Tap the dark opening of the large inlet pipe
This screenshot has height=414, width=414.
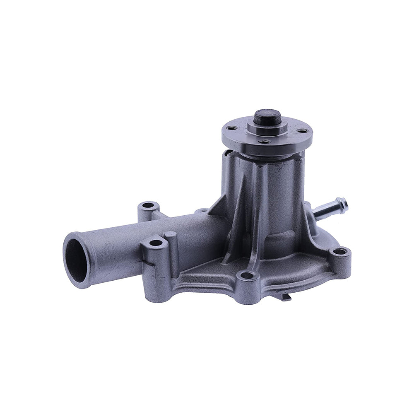77,260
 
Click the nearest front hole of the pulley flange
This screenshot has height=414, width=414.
263,142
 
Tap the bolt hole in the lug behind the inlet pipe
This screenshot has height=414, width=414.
148,205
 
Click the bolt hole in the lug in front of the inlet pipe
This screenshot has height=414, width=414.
155,243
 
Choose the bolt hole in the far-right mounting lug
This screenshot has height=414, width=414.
339,251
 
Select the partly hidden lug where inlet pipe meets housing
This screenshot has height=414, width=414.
201,211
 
